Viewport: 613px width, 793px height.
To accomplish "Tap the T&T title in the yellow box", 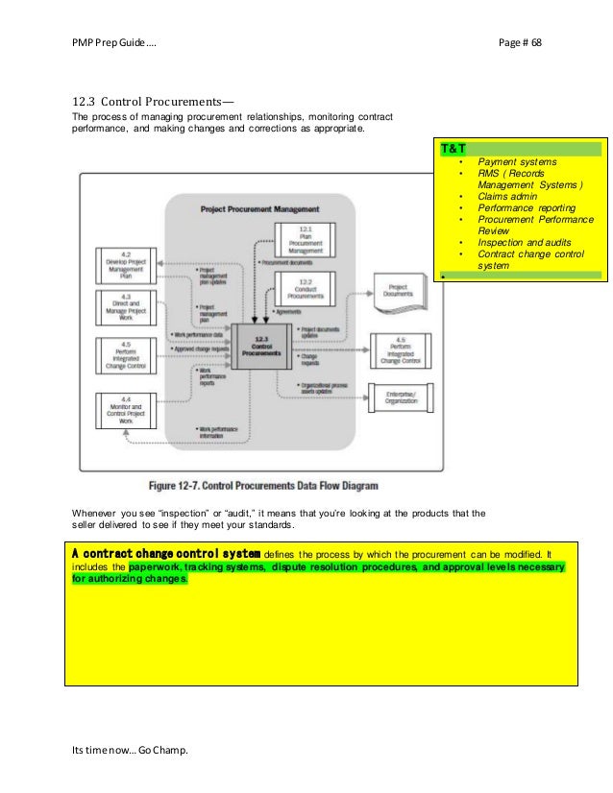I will [x=454, y=150].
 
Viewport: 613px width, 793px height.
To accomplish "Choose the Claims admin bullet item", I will [x=510, y=196].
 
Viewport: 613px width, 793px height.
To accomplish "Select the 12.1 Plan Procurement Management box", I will [x=305, y=239].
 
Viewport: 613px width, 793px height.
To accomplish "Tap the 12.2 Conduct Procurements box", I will [x=305, y=287].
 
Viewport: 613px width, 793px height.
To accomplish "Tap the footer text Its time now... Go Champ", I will [x=131, y=762].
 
